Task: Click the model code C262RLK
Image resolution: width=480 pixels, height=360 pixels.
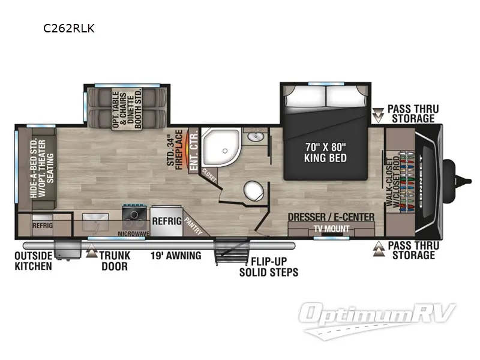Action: (x=68, y=28)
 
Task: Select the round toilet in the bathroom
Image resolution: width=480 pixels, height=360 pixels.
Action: (x=253, y=192)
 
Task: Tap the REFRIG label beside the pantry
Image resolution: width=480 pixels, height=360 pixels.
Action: (x=166, y=220)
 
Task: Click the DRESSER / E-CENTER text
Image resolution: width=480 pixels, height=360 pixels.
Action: (x=331, y=217)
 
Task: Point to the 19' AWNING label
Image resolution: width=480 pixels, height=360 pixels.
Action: (x=175, y=256)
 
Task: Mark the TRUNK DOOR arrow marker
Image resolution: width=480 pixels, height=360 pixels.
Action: (x=92, y=253)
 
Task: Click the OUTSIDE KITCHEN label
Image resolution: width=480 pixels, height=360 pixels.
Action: (x=33, y=261)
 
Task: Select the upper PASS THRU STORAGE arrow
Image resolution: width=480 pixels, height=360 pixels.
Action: (x=378, y=113)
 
